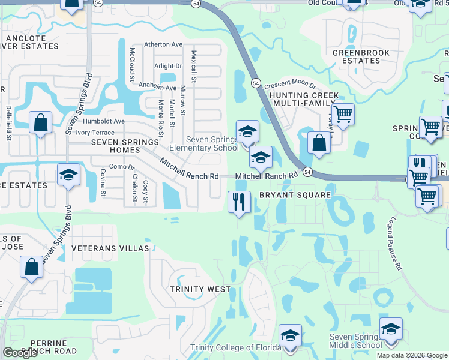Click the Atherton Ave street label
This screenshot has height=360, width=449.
pyautogui.click(x=163, y=44)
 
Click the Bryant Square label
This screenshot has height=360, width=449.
pyautogui.click(x=295, y=195)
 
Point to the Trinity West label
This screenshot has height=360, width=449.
pyautogui.click(x=200, y=289)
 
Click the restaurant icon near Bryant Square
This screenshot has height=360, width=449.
pyautogui.click(x=239, y=202)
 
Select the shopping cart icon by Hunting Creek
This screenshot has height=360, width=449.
pyautogui.click(x=342, y=113)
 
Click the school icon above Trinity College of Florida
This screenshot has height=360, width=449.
pyautogui.click(x=290, y=335)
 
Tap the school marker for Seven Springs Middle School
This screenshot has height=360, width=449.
pyautogui.click(x=391, y=329)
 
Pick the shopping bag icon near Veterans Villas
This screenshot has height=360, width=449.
pyautogui.click(x=31, y=266)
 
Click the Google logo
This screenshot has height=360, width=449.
pyautogui.click(x=20, y=353)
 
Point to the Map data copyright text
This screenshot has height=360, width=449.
pyautogui.click(x=411, y=355)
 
